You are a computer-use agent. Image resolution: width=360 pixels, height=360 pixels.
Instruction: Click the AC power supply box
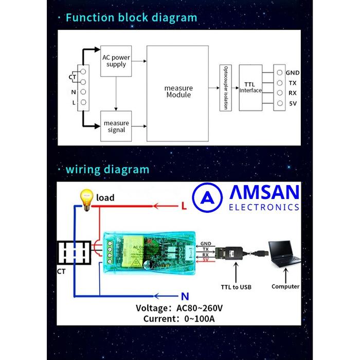coord(116,61)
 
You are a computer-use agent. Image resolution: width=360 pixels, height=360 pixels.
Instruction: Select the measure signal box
coord(116,126)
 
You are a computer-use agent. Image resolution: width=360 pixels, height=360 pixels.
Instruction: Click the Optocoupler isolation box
coord(225,87)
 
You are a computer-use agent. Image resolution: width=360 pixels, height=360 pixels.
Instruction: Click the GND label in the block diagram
coord(293,73)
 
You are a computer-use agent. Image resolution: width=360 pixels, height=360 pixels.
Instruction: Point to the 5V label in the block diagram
coord(293,103)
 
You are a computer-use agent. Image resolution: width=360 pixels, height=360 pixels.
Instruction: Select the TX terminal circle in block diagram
coord(279,83)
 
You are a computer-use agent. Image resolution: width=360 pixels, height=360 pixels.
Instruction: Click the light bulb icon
coord(86,197)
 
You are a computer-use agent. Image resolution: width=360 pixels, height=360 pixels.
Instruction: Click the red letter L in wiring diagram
coord(184,206)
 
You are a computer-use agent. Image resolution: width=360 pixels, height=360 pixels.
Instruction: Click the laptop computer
coord(283,257)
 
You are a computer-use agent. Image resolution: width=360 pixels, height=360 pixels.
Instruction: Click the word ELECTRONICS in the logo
coord(264,207)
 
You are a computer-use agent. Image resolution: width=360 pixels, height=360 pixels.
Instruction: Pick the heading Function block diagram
coord(131,17)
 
